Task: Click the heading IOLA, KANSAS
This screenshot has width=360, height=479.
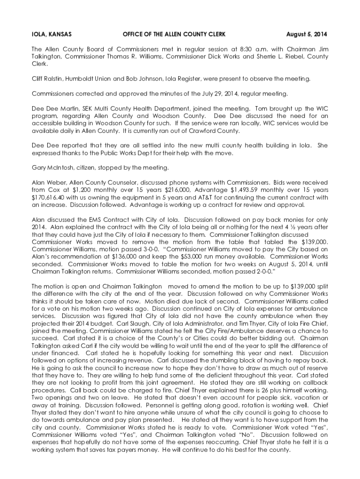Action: click(51, 35)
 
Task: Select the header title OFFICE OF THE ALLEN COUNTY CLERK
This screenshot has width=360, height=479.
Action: click(174, 35)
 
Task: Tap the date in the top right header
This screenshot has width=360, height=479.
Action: click(307, 35)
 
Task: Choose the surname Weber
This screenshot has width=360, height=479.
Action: click(58, 182)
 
